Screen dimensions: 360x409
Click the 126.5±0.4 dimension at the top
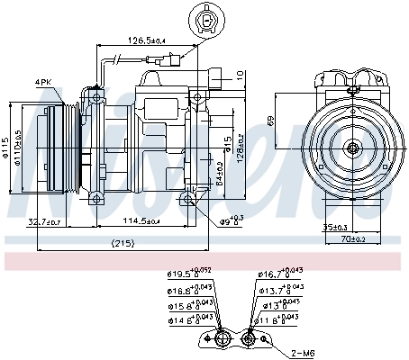146,40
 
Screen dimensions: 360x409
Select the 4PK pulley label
43,82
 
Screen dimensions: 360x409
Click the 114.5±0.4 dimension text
141,221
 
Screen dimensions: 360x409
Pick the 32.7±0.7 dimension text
45,221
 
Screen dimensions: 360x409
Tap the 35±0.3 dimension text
337,228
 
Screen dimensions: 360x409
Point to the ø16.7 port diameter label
280,274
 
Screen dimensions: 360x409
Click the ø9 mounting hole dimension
232,219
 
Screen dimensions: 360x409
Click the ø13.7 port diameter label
280,290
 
